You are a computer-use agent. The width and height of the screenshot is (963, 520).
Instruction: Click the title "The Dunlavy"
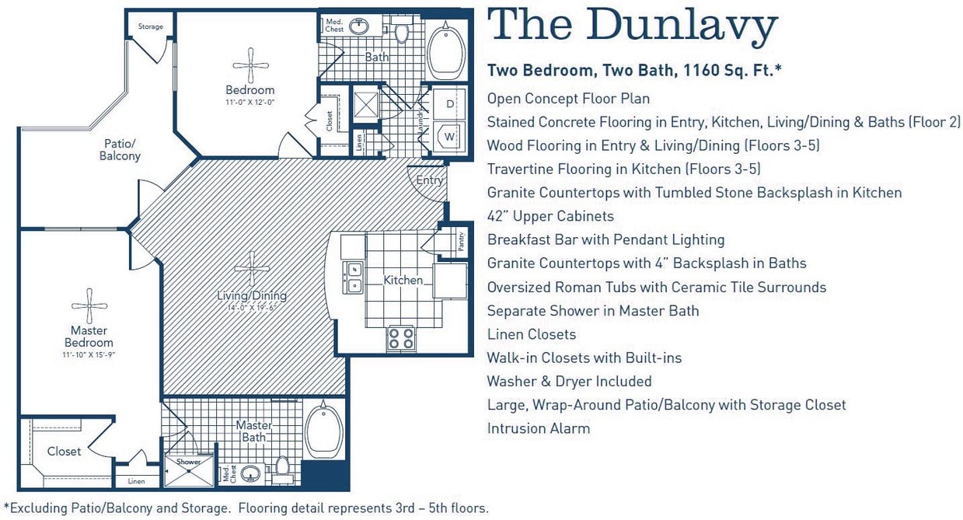(x=632, y=26)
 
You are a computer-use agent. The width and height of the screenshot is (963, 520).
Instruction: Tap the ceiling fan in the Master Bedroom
(x=90, y=304)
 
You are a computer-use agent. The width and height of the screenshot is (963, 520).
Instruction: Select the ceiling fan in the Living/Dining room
(x=252, y=269)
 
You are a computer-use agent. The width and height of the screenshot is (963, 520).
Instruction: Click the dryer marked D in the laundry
(x=450, y=103)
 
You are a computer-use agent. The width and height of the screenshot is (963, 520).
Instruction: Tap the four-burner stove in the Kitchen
(x=402, y=338)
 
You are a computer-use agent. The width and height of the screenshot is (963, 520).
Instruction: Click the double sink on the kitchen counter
(x=354, y=276)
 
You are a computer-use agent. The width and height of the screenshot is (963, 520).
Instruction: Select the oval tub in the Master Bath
(x=324, y=431)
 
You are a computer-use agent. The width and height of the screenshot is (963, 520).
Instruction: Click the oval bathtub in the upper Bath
(x=446, y=49)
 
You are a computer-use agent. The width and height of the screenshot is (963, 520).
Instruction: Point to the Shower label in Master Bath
(x=188, y=462)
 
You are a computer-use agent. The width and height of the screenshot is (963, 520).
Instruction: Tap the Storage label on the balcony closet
(x=151, y=26)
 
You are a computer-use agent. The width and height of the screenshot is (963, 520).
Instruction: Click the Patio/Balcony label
(x=120, y=149)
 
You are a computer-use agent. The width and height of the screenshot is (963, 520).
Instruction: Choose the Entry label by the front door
(x=429, y=180)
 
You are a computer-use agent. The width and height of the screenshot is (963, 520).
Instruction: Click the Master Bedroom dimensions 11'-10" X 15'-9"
(x=90, y=354)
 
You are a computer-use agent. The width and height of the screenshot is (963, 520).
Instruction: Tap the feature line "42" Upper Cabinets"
(x=550, y=216)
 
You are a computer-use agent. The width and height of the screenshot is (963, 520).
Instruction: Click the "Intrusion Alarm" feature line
(x=538, y=428)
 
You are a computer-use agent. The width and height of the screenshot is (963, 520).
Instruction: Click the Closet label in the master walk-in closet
(x=64, y=451)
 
